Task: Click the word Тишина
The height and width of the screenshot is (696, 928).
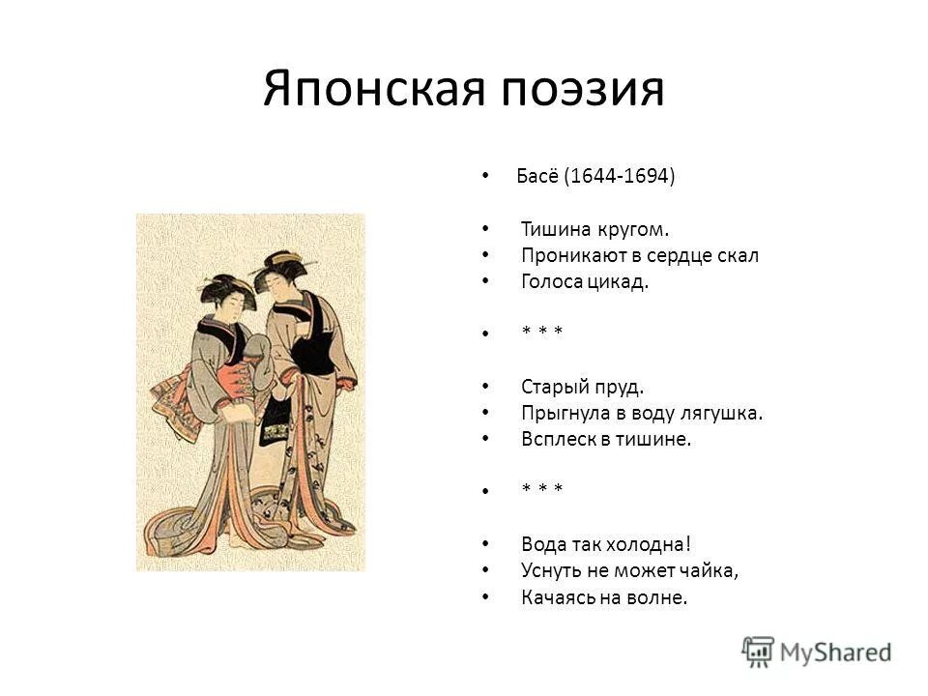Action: (x=552, y=229)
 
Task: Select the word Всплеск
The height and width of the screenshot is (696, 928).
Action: (x=557, y=440)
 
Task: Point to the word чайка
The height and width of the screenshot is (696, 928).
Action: (x=707, y=571)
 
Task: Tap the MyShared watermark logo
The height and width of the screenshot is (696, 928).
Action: (x=817, y=650)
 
